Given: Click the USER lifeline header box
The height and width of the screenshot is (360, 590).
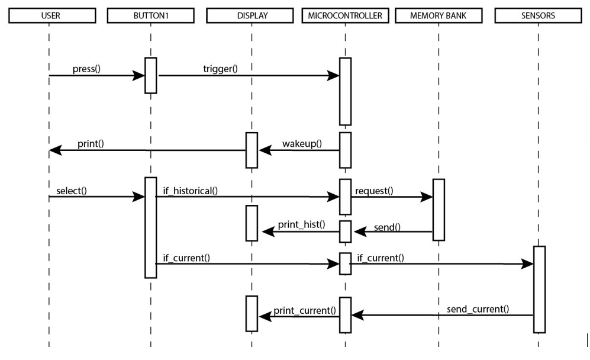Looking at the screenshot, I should point(51,16).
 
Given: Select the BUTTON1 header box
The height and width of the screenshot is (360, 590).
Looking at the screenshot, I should point(151,16).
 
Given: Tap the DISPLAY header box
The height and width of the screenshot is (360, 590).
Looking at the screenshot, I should point(252,16).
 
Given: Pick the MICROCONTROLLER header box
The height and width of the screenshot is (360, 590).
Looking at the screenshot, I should point(345,16).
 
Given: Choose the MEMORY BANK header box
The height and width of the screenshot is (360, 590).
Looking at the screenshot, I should point(439,16).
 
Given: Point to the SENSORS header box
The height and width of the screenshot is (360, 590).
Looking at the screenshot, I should point(538,16).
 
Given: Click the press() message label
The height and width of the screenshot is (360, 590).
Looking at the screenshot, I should point(86,69).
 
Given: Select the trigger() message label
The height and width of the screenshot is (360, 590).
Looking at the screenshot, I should point(220,69).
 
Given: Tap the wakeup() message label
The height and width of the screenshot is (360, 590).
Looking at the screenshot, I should point(302,144).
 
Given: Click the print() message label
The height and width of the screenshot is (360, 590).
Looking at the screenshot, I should point(91,144).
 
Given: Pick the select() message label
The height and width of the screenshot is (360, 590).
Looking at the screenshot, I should point(72,191).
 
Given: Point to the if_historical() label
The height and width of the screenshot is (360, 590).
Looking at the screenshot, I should point(191,191).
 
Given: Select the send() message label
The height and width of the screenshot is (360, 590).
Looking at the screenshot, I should point(386,227).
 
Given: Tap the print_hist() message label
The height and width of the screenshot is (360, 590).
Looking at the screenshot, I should point(302,225).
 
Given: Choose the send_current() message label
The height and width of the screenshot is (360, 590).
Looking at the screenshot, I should point(478,309).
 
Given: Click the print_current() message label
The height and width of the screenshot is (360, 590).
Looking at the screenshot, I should point(305,310).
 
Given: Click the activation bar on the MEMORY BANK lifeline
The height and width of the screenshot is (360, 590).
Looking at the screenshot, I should point(439,210).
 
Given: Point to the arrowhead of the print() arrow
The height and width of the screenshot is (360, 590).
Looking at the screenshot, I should point(55,150).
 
